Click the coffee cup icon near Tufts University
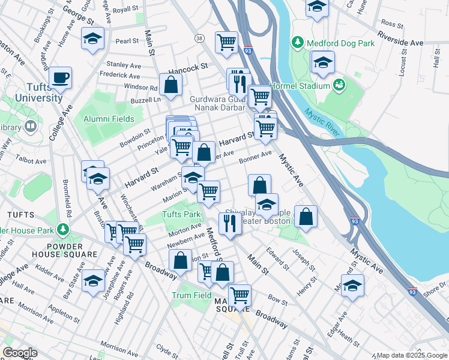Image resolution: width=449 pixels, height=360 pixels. [60, 77]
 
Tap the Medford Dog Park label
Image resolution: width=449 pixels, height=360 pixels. [340, 43]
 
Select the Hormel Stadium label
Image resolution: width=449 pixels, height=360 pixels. [301, 86]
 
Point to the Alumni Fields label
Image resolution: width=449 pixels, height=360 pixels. [109, 119]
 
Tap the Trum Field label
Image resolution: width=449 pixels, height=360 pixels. [191, 295]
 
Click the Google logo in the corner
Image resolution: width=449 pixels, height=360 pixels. [20, 352]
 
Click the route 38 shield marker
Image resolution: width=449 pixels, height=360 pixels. [199, 38]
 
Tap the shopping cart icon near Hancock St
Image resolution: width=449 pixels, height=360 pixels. [226, 42]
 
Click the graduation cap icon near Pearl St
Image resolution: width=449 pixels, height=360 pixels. [92, 39]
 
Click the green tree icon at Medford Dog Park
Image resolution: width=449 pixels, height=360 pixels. [297, 43]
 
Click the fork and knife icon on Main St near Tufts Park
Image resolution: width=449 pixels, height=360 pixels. [229, 223]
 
